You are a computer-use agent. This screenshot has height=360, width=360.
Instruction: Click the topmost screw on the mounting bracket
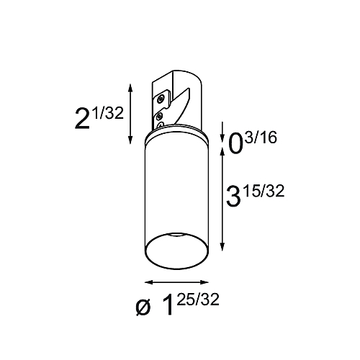[161, 93]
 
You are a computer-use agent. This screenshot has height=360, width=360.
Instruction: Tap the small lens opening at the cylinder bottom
[176, 238]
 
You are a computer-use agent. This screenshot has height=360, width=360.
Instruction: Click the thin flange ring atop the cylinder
[176, 137]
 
